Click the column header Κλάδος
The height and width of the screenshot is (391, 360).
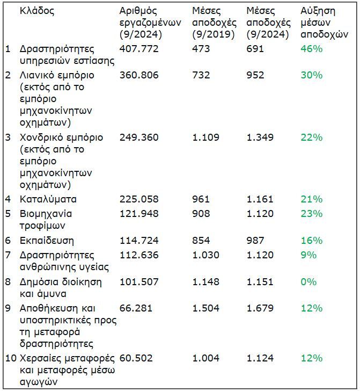click(x=37, y=11)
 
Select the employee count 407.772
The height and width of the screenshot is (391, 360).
click(x=139, y=48)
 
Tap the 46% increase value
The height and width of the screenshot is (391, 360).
click(x=311, y=48)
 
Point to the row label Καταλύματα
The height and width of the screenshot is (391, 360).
click(x=48, y=199)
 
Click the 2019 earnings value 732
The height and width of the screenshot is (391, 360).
click(x=201, y=75)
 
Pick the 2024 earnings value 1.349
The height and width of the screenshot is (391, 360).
click(x=260, y=137)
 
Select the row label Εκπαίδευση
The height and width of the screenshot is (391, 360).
click(x=47, y=241)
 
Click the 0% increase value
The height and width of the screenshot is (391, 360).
click(x=308, y=282)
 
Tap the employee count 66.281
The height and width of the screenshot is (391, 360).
click(x=136, y=308)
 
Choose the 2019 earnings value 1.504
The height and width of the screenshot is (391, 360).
click(x=206, y=308)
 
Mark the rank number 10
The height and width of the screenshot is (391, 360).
click(x=11, y=358)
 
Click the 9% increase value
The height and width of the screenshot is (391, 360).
click(x=308, y=255)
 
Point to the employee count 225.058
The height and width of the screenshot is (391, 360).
click(x=139, y=199)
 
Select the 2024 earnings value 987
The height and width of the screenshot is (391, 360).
click(x=255, y=241)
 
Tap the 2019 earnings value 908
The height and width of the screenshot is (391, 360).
click(x=201, y=214)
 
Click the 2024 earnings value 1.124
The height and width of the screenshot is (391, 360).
click(x=260, y=358)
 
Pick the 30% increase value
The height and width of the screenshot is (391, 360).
click(x=311, y=75)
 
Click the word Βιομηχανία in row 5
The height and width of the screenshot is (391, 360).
click(x=46, y=214)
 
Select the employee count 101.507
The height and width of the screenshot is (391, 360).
click(x=139, y=282)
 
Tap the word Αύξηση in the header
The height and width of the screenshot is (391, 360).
click(x=318, y=11)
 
